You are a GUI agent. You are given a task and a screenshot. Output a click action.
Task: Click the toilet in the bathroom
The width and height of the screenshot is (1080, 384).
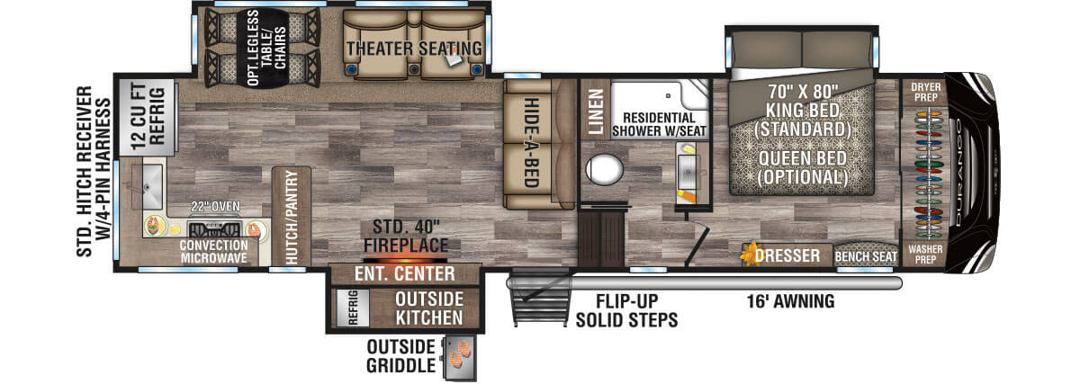(604, 170)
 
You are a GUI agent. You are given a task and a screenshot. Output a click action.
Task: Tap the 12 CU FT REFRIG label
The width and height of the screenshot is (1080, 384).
(147, 116)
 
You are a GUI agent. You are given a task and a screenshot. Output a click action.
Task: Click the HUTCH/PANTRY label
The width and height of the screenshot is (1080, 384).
(292, 218)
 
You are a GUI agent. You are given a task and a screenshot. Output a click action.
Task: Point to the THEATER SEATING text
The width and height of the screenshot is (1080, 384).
(414, 49)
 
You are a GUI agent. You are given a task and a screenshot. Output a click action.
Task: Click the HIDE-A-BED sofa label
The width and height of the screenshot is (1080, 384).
(531, 143)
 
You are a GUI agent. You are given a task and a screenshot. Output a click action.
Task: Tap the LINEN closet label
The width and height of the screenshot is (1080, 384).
(595, 112)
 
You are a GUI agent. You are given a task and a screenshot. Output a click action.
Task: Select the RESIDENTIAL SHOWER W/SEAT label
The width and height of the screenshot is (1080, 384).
(659, 124)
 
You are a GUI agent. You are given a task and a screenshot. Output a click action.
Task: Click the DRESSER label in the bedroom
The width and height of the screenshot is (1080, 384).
(787, 255)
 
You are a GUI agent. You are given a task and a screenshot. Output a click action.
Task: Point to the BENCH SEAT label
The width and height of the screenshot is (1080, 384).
(866, 257)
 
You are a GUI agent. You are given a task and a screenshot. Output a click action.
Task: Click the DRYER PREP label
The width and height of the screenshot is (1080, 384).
(926, 92)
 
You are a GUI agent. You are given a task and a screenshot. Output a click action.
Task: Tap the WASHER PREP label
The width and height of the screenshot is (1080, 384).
(925, 254)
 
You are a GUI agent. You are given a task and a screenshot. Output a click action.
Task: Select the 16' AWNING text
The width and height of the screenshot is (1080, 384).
(790, 301)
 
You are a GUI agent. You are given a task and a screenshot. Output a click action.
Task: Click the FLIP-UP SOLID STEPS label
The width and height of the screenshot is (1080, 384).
(626, 311)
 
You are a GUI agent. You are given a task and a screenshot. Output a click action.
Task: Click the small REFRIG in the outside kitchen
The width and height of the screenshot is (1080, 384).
(353, 308)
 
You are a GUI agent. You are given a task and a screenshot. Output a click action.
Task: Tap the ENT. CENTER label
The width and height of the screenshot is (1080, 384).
(404, 273)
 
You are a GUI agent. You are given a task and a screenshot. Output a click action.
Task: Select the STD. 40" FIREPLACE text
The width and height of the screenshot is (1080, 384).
(406, 236)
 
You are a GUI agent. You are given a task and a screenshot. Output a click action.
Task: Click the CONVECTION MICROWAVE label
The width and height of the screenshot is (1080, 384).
(213, 252)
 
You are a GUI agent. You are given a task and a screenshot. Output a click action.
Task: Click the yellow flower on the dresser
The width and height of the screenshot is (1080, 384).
(750, 254)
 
